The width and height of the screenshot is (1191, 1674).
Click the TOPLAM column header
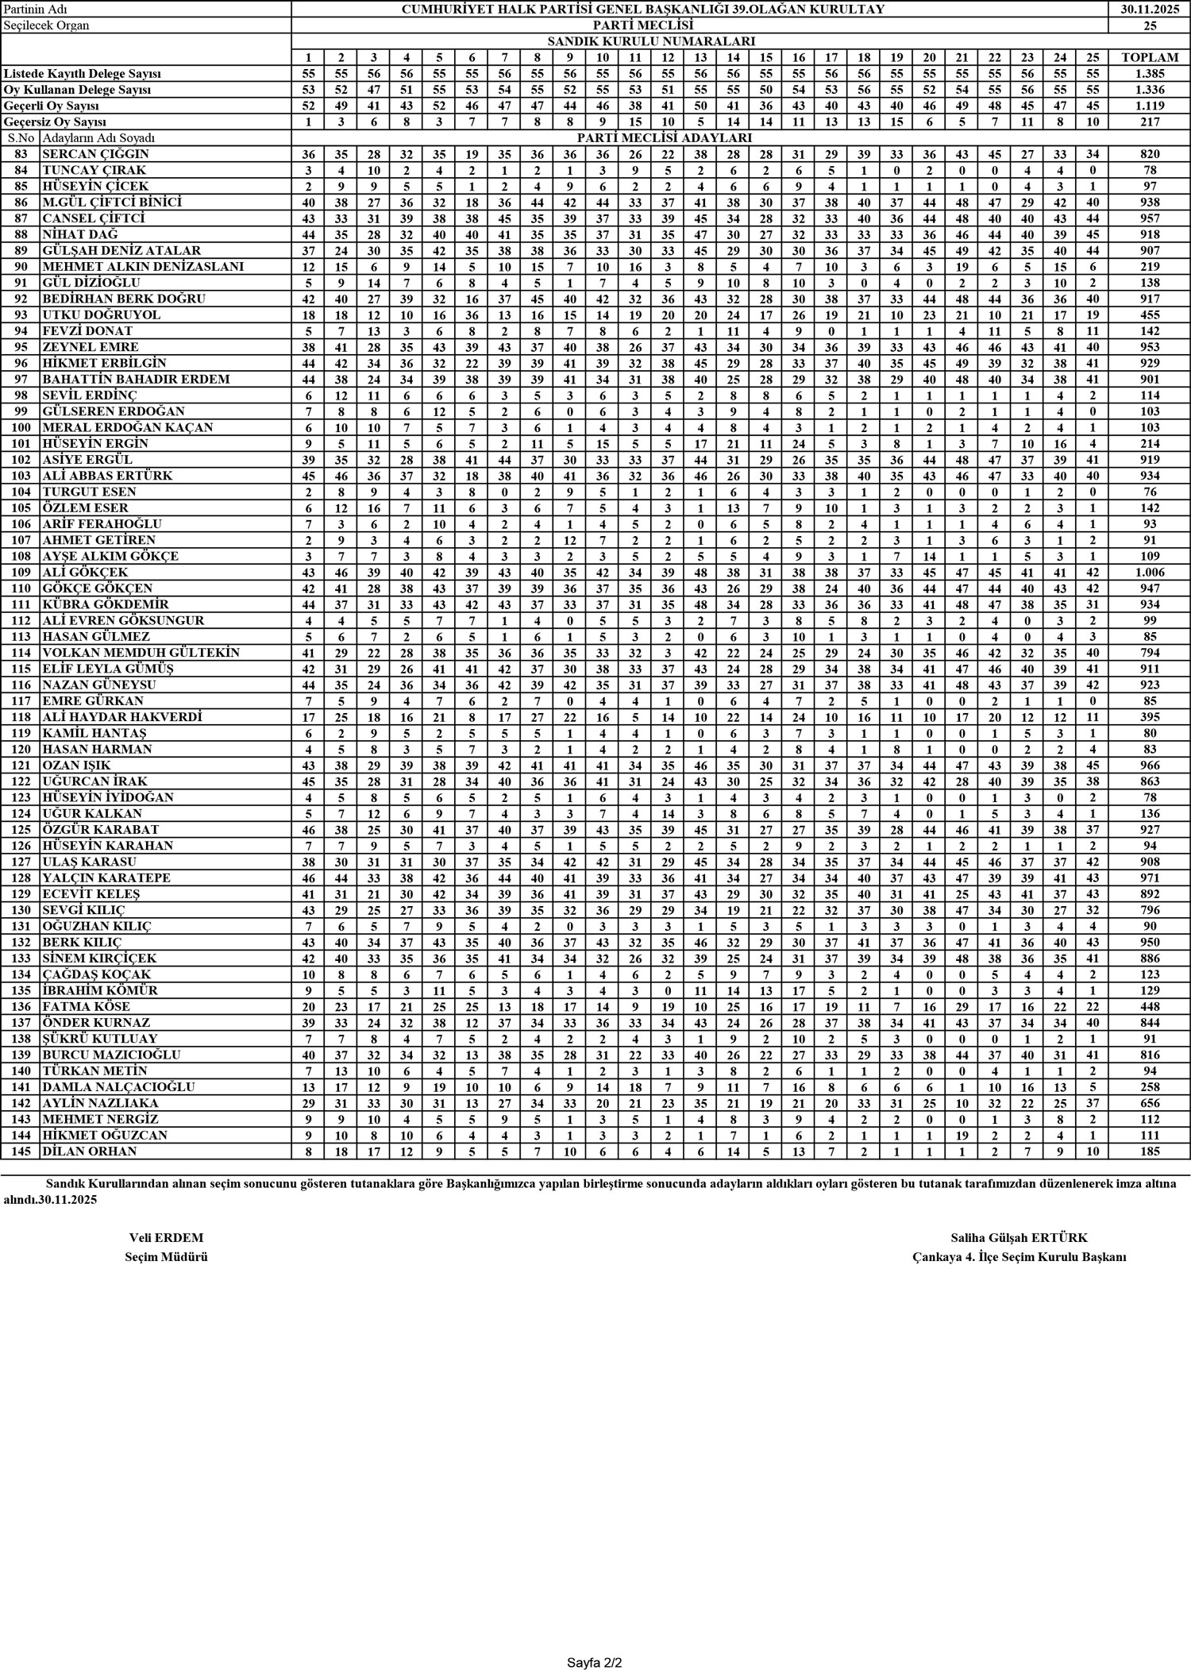click(1149, 57)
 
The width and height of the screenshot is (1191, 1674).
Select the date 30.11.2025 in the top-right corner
click(1149, 10)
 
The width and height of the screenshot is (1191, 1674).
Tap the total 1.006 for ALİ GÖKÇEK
click(1149, 573)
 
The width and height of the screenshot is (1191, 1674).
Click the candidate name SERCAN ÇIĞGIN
click(95, 154)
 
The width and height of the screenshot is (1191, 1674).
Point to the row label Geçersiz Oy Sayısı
click(55, 121)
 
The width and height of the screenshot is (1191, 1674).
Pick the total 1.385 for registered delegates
click(1149, 73)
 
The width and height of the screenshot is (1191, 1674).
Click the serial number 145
click(21, 1151)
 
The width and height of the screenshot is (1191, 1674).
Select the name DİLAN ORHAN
click(89, 1151)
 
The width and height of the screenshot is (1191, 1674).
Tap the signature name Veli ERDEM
click(166, 1237)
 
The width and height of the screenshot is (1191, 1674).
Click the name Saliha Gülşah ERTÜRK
click(1019, 1237)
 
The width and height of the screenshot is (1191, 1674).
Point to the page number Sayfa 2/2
click(595, 1659)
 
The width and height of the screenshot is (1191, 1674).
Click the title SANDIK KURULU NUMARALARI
click(650, 41)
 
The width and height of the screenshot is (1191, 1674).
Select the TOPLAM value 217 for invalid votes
click(1149, 121)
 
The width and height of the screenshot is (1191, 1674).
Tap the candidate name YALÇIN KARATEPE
click(106, 877)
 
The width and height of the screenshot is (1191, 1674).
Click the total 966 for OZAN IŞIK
click(1149, 766)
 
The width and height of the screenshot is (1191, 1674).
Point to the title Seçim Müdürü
click(166, 1257)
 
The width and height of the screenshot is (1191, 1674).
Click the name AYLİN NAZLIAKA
click(100, 1103)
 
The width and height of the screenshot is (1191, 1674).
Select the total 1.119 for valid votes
click(1149, 106)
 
